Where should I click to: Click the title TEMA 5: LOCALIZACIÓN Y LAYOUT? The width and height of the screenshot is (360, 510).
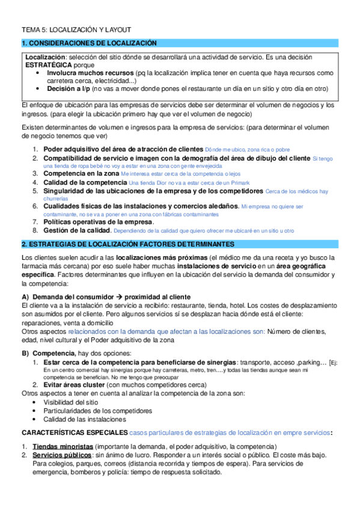[x=76, y=29]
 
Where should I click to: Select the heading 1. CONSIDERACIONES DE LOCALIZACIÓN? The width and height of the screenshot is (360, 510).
[x=89, y=43]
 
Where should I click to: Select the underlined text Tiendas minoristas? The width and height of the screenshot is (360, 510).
[x=63, y=447]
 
